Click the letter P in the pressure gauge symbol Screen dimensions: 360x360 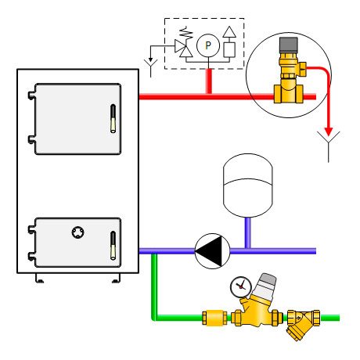[x=208, y=45]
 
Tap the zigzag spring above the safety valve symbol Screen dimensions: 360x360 [x=187, y=33]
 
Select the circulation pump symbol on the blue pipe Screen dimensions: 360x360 [x=212, y=251]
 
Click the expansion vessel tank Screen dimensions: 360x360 [x=248, y=185]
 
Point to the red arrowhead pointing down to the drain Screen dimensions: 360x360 [x=329, y=131]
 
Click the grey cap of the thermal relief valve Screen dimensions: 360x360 [x=288, y=45]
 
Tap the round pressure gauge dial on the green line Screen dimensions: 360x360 [x=241, y=286]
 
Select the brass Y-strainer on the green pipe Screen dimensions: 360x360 [x=304, y=323]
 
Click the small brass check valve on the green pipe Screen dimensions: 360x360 [x=214, y=318]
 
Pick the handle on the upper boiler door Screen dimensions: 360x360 [x=113, y=118]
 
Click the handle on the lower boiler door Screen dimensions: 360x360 [x=113, y=245]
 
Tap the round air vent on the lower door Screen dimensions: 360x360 [x=77, y=232]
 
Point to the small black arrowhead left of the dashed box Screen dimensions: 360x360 [x=150, y=59]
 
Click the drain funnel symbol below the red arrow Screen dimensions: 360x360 [x=329, y=146]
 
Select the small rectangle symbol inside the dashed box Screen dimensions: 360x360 [x=229, y=50]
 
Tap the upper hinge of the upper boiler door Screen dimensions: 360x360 [x=31, y=95]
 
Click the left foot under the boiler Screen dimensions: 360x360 [x=39, y=278]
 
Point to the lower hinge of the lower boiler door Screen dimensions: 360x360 [x=31, y=256]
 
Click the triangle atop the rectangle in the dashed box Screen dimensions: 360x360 [x=229, y=32]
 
